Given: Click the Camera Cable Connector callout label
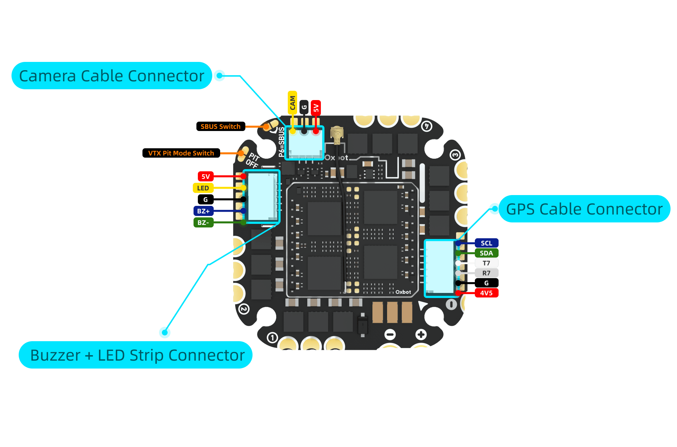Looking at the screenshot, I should click(112, 76).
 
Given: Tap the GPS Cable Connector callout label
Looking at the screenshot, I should click(584, 209).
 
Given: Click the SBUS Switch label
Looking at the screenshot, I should click(221, 127).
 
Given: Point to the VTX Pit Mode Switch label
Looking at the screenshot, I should click(181, 153).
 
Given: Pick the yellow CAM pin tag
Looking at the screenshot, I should click(292, 103).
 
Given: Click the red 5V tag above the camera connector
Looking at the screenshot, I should click(315, 107).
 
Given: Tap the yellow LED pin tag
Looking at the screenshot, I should click(203, 188).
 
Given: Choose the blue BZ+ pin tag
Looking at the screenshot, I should click(203, 211).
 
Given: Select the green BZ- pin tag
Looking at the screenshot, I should click(203, 223).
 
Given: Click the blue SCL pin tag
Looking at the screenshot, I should click(486, 243).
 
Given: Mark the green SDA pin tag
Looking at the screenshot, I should click(486, 253).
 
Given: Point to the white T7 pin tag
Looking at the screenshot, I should click(486, 263).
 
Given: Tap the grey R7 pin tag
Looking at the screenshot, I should click(486, 273).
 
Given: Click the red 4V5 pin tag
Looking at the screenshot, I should click(486, 293).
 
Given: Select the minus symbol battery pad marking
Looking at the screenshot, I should click(390, 335).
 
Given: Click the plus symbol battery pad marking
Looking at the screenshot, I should click(421, 335).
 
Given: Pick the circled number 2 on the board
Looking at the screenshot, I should click(244, 309).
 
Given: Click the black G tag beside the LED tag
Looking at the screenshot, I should click(205, 200).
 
